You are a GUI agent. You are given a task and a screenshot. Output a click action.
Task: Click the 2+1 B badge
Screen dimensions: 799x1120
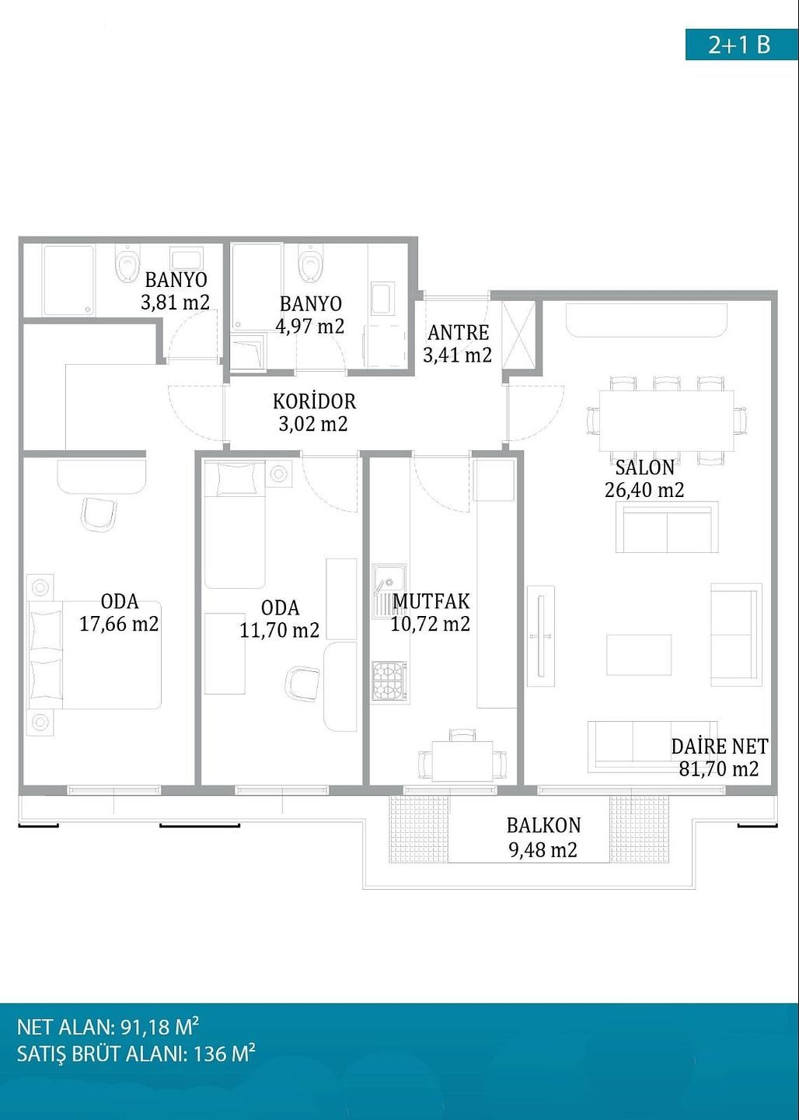click(x=741, y=45)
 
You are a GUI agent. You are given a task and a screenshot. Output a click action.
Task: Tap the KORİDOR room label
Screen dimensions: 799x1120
click(x=314, y=401)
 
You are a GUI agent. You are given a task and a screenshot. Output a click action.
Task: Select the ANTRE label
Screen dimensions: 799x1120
click(x=459, y=333)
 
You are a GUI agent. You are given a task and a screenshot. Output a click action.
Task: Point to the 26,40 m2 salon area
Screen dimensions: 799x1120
click(x=644, y=490)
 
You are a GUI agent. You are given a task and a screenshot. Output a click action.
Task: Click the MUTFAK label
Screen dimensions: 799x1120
click(x=431, y=601)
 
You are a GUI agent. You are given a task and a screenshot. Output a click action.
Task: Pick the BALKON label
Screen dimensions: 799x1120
click(x=543, y=825)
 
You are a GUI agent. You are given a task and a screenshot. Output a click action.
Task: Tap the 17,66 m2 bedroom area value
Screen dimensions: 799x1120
click(x=119, y=624)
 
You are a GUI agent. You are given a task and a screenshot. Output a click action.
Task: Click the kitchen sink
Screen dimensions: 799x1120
click(x=389, y=591)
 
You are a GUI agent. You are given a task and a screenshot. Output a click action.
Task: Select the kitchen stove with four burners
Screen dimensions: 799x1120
click(x=389, y=681)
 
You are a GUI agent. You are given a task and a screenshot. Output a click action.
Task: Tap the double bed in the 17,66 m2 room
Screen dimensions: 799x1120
click(x=95, y=655)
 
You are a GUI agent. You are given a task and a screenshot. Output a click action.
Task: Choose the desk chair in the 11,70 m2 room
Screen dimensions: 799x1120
click(x=303, y=684)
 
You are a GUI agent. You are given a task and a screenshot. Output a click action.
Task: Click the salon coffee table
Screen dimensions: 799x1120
click(x=639, y=655)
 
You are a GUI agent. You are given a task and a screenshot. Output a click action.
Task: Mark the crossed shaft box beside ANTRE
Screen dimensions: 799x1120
click(x=518, y=335)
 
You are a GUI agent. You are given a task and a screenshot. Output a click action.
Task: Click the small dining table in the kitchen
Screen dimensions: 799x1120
click(x=462, y=761)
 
